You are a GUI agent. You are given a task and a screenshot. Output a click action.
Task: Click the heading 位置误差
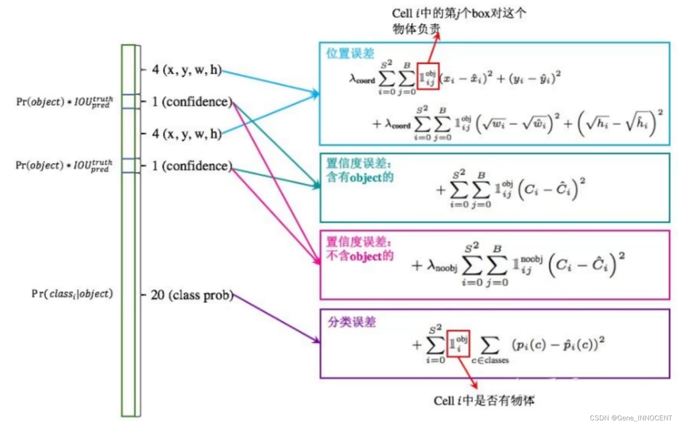pyautogui.click(x=350, y=53)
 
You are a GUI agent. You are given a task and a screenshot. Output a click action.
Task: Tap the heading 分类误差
pyautogui.click(x=352, y=322)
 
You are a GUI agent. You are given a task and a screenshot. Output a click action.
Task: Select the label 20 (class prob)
pyautogui.click(x=192, y=295)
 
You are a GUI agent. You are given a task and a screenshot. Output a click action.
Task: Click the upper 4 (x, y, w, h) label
pyautogui.click(x=187, y=70)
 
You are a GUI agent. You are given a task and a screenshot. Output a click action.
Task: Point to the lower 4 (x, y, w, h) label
pyautogui.click(x=187, y=134)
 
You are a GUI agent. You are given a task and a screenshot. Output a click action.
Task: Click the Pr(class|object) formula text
pyautogui.click(x=72, y=294)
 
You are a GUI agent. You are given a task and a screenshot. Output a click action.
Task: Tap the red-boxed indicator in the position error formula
pyautogui.click(x=428, y=76)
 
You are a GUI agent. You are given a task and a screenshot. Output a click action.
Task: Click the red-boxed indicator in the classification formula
pyautogui.click(x=458, y=344)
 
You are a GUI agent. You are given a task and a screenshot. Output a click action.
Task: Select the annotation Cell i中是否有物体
pyautogui.click(x=484, y=401)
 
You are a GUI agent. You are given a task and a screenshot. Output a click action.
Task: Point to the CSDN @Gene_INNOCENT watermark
pyautogui.click(x=631, y=418)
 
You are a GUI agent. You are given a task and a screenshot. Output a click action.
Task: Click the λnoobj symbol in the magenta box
pyautogui.click(x=442, y=265)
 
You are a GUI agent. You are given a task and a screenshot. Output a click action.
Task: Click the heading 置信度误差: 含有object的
pyautogui.click(x=360, y=170)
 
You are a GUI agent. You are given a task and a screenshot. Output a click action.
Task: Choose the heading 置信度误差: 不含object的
pyautogui.click(x=360, y=249)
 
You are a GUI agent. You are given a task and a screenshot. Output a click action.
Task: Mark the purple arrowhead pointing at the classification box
pyautogui.click(x=316, y=340)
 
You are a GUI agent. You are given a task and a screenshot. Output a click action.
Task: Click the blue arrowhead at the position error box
pyautogui.click(x=316, y=93)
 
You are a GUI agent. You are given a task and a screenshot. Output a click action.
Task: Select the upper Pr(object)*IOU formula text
pyautogui.click(x=64, y=102)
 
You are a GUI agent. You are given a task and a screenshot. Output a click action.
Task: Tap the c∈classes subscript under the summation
pyautogui.click(x=490, y=360)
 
